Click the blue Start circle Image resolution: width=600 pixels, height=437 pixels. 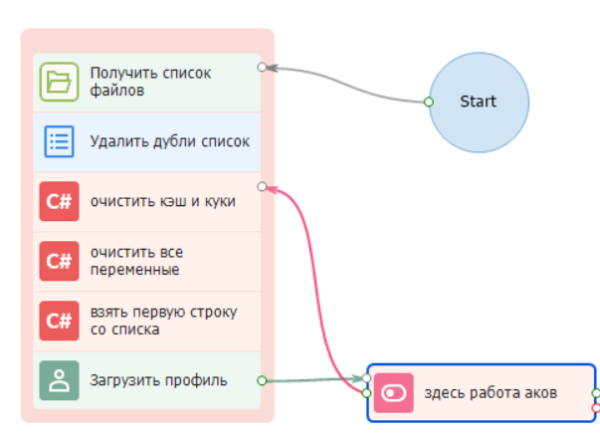478,101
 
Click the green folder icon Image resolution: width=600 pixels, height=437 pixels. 59,82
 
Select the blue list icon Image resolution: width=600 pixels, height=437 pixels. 59,141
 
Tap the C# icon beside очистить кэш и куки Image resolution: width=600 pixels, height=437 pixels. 59,201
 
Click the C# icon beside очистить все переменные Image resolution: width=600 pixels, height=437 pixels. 59,261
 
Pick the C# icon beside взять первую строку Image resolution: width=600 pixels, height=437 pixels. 59,321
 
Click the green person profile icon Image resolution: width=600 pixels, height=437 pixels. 59,380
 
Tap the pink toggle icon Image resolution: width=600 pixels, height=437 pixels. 394,393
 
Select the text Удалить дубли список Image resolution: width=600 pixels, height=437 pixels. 169,141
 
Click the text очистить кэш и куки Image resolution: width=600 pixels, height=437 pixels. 162,201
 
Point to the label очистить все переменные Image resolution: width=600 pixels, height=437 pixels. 136,261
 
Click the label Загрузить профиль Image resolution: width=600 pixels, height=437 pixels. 158,380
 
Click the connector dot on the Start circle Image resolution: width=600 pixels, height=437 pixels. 429,102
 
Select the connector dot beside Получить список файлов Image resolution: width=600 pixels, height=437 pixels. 262,68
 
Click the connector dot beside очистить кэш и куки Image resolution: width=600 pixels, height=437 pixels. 262,186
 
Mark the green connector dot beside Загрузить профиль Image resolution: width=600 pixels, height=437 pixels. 262,380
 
